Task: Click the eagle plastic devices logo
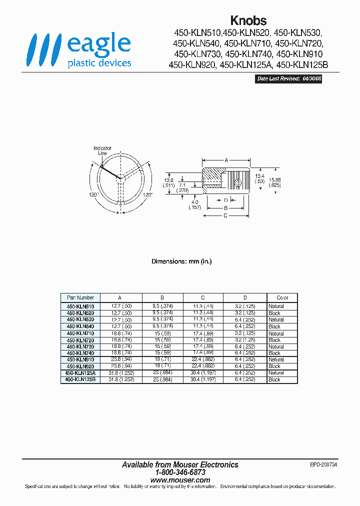click(79, 50)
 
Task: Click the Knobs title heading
click(248, 20)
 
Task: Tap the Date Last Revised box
click(288, 79)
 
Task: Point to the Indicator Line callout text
click(102, 150)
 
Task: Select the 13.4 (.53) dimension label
click(258, 178)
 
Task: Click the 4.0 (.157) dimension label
click(193, 204)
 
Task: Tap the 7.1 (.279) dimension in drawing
click(183, 187)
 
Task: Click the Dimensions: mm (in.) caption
click(179, 261)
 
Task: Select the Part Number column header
click(80, 297)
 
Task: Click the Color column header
click(282, 297)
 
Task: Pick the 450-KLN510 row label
click(80, 306)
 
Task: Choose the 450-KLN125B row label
click(80, 379)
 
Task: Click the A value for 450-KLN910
click(122, 359)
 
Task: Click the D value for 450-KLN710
click(245, 333)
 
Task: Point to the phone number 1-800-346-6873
click(180, 472)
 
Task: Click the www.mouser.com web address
click(180, 479)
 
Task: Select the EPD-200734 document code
click(323, 464)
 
